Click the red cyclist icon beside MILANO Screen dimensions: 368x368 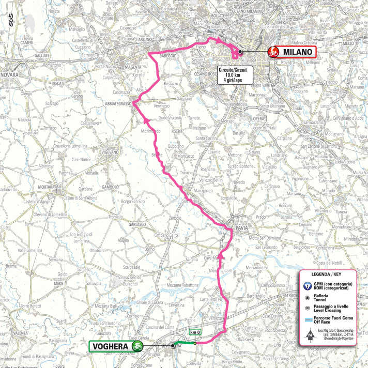pyautogui.click(x=273, y=52)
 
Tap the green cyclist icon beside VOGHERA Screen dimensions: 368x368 pyautogui.click(x=138, y=346)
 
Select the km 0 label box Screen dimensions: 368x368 pyautogui.click(x=194, y=333)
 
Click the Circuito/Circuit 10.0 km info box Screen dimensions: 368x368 pyautogui.click(x=234, y=76)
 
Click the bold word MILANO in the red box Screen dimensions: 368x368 pyautogui.click(x=296, y=52)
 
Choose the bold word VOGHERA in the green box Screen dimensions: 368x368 pyautogui.click(x=110, y=346)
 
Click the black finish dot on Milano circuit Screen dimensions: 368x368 pyautogui.click(x=240, y=52)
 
